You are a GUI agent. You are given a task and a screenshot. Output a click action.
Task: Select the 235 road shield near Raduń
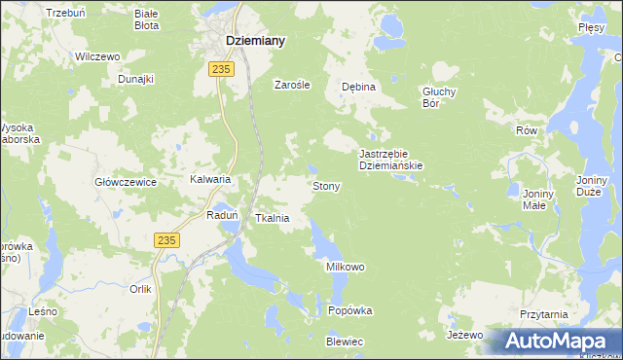(x=167, y=240)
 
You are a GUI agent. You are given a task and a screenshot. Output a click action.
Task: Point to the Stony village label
(x=324, y=185)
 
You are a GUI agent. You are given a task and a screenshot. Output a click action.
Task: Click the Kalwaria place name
(x=209, y=180)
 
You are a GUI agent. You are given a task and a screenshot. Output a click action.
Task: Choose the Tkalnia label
(x=272, y=219)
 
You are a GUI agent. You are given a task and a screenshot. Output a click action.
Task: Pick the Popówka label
(x=350, y=311)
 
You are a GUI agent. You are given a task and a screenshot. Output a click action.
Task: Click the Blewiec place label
(x=345, y=342)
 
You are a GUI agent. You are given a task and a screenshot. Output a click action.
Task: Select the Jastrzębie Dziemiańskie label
(x=390, y=160)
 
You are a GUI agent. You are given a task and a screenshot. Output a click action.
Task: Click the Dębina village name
(x=358, y=87)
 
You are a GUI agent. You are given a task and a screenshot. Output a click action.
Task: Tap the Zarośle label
(x=291, y=85)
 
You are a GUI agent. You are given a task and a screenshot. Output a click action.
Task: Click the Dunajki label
(x=136, y=79)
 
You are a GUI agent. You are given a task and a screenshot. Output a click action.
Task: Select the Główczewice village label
(x=126, y=182)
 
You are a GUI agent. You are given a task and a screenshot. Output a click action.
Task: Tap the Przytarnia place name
(x=543, y=315)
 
